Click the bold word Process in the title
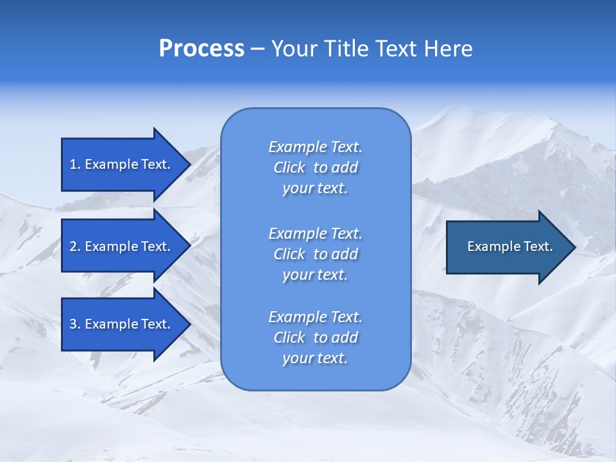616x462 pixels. click(x=201, y=49)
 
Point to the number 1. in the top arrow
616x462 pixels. click(x=75, y=164)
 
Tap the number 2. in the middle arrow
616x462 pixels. click(x=75, y=246)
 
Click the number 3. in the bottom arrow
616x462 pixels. click(x=75, y=324)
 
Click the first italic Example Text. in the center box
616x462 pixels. click(x=315, y=147)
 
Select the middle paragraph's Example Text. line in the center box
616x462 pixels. click(x=315, y=234)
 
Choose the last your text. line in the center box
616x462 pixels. click(x=315, y=358)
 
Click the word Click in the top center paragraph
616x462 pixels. click(x=289, y=167)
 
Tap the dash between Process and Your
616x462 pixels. click(x=258, y=49)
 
